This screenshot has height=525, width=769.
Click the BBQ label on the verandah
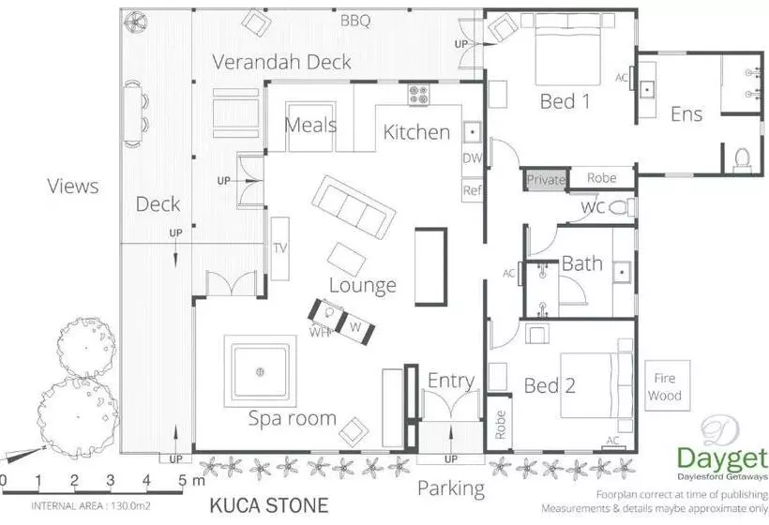(355, 20)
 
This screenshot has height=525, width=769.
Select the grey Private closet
(546, 179)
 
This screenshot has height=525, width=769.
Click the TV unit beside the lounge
(280, 247)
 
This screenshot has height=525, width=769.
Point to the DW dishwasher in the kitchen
(472, 158)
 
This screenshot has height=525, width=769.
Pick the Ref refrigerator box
(472, 190)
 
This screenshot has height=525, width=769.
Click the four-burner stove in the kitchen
(418, 95)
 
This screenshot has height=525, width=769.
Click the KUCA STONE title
(268, 506)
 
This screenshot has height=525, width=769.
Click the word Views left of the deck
(73, 186)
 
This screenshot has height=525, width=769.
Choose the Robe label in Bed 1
(601, 177)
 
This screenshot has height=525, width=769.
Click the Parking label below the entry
(451, 488)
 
